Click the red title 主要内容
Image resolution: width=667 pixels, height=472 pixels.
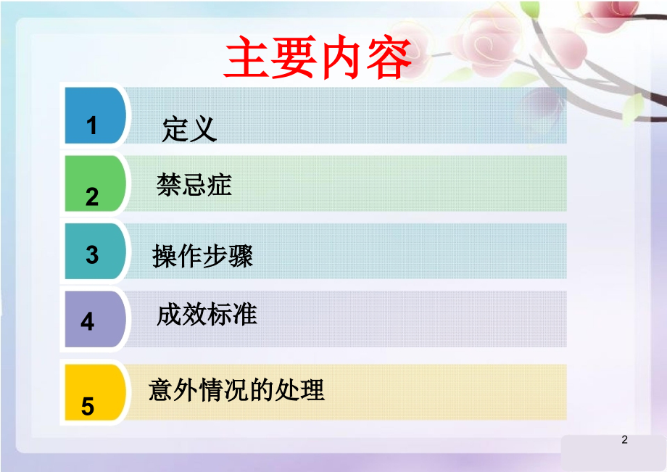click(x=318, y=59)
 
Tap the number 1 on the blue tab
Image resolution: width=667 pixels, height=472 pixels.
click(x=92, y=126)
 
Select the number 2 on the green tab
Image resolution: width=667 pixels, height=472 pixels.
click(x=92, y=196)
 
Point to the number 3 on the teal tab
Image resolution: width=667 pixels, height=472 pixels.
click(x=92, y=254)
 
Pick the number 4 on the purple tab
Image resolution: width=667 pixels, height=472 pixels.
click(x=88, y=321)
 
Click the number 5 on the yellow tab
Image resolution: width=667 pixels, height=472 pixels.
click(x=88, y=406)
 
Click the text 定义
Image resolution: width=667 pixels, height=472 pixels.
click(x=189, y=130)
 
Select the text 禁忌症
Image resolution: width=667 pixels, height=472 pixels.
click(x=194, y=185)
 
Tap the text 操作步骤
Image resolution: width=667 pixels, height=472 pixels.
click(x=203, y=256)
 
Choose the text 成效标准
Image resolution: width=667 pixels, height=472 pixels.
click(x=207, y=315)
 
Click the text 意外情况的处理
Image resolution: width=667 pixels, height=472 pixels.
click(x=236, y=390)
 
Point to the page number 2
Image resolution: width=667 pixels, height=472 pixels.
click(x=625, y=440)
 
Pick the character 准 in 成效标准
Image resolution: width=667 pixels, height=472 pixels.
click(x=245, y=315)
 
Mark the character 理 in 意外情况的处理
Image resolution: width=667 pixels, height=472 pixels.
click(x=312, y=390)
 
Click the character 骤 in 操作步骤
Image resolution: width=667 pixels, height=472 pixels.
click(x=241, y=256)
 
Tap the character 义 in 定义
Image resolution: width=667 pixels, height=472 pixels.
click(x=203, y=130)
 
